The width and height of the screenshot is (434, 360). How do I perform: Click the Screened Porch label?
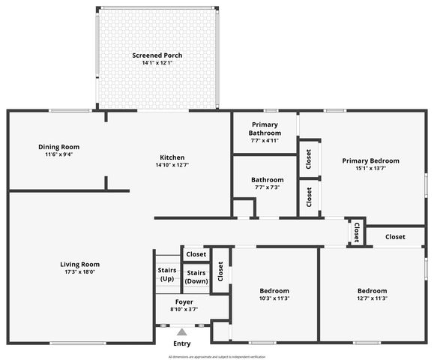click(157, 55)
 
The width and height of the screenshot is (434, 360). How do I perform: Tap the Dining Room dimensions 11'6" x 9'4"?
click(58, 154)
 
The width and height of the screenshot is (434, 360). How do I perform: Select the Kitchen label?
click(172, 157)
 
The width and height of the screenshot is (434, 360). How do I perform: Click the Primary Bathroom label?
click(265, 128)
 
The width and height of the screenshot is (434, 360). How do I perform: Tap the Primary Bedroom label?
click(370, 160)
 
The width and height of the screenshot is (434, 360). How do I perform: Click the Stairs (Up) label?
click(167, 274)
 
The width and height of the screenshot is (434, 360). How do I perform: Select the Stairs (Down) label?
click(196, 277)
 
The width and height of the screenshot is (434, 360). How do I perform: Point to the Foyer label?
click(184, 301)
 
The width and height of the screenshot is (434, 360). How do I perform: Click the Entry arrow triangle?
click(181, 330)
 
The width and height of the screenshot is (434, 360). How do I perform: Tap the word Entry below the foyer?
click(181, 343)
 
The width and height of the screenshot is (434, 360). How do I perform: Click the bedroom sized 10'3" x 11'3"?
click(274, 294)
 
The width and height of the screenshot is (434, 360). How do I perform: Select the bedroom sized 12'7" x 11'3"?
click(371, 294)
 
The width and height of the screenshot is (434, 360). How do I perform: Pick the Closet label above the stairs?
click(196, 254)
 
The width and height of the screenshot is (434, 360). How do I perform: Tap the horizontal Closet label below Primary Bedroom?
click(395, 237)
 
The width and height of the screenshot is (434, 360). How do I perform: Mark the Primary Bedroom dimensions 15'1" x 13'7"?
click(370, 168)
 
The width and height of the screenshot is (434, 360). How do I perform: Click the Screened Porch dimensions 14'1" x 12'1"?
click(157, 63)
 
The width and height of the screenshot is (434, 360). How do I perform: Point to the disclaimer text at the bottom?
click(217, 357)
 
